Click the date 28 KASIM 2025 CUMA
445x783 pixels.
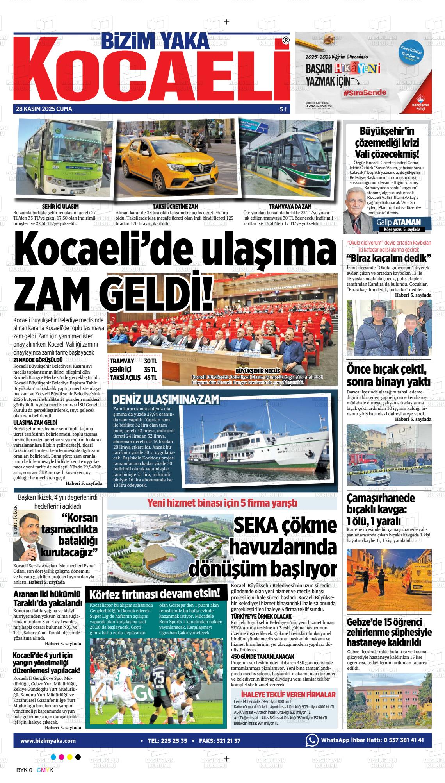(x=44, y=109)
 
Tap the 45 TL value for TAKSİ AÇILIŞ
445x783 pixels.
(x=150, y=378)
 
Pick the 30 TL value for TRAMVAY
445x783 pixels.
(x=150, y=361)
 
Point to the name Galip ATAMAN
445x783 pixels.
(x=399, y=222)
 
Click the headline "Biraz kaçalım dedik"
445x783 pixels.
(x=388, y=258)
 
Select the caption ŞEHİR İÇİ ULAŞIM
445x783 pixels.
(x=60, y=206)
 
